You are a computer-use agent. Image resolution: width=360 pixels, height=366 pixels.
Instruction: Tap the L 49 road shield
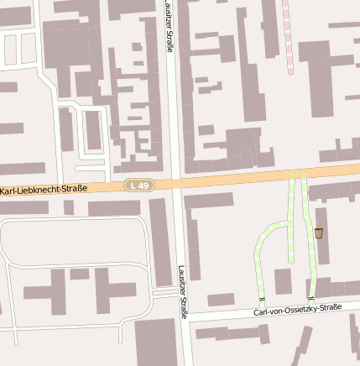point(139,185)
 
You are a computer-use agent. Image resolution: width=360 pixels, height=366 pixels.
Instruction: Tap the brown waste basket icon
point(318,233)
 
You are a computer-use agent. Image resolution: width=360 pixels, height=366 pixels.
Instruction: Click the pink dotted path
point(288,34)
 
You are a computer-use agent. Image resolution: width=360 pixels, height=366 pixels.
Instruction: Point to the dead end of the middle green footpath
point(290,261)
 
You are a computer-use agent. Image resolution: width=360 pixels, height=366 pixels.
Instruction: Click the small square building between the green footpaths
point(284,281)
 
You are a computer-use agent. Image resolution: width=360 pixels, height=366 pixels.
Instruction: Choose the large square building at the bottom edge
point(155,342)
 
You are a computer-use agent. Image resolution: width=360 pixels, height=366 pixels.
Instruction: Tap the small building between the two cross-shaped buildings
point(80,274)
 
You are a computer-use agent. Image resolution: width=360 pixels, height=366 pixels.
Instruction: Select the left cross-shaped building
point(50,290)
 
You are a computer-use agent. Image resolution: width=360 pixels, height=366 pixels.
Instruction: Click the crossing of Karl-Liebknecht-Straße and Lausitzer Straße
point(175,184)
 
